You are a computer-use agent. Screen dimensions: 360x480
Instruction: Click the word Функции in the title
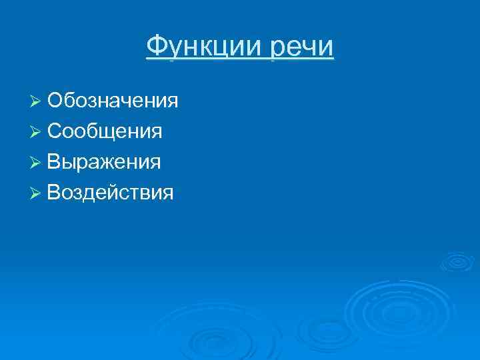(x=205, y=47)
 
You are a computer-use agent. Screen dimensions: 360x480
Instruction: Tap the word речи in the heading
(x=303, y=47)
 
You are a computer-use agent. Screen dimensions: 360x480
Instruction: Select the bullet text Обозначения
(x=113, y=101)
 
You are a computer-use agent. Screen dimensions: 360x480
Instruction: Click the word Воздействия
(x=111, y=193)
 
